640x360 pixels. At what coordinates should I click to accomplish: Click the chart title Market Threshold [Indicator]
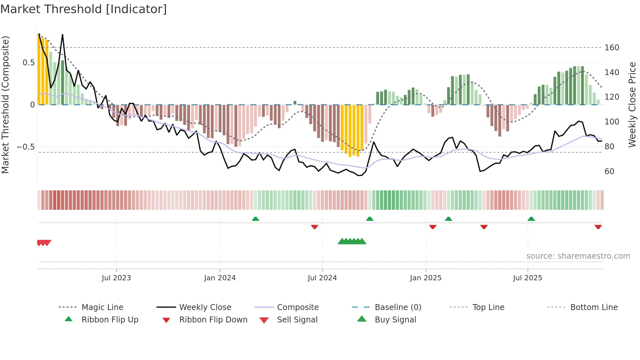(84, 9)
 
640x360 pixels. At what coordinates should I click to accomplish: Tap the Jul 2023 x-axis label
(116, 278)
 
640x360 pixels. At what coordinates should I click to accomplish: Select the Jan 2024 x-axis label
(220, 278)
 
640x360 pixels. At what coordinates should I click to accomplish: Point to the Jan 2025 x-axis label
(425, 278)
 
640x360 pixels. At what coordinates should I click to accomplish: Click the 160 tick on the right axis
(612, 48)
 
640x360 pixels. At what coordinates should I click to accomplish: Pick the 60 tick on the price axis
(609, 172)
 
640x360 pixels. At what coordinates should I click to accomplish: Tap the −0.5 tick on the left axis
(25, 147)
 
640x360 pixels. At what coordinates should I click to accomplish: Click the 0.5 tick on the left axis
(28, 63)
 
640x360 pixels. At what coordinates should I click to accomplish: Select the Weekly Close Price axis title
(632, 105)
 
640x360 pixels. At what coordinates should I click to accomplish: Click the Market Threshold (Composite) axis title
(5, 105)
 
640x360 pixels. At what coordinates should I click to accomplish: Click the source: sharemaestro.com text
(578, 256)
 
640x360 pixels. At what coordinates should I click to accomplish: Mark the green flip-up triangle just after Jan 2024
(255, 219)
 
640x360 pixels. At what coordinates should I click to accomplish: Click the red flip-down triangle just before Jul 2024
(314, 227)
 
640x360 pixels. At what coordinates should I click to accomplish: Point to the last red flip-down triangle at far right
(598, 227)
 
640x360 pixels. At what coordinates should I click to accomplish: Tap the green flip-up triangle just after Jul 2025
(531, 219)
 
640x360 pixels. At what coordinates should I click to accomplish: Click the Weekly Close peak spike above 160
(62, 35)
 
